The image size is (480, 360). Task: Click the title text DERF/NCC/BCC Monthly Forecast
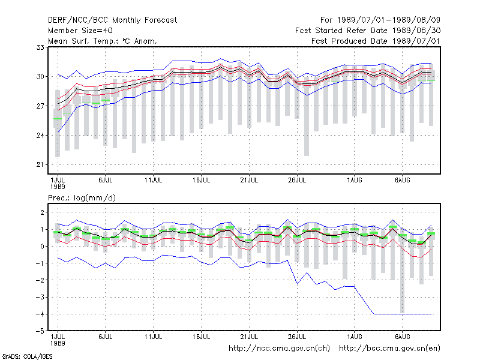[112, 20]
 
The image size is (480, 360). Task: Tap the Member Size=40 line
[80, 31]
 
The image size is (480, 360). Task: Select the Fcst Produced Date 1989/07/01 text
[376, 41]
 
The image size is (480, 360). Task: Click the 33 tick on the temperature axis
[40, 47]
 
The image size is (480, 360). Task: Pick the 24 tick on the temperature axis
[40, 136]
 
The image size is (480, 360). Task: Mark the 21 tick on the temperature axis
[40, 164]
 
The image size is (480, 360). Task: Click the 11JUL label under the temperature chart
[154, 181]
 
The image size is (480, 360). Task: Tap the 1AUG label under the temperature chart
[355, 181]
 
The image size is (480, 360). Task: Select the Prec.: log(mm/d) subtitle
[82, 198]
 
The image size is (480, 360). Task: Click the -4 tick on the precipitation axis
[40, 314]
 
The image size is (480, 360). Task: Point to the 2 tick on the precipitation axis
[42, 212]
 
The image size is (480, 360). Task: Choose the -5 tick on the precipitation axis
[40, 331]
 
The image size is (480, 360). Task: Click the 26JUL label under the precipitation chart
[297, 337]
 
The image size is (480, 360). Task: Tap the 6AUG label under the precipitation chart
[402, 337]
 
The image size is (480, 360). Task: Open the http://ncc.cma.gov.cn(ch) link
[279, 349]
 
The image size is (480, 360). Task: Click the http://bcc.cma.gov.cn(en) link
[389, 349]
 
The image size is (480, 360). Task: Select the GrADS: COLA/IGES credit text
[27, 356]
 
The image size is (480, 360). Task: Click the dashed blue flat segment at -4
[403, 314]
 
